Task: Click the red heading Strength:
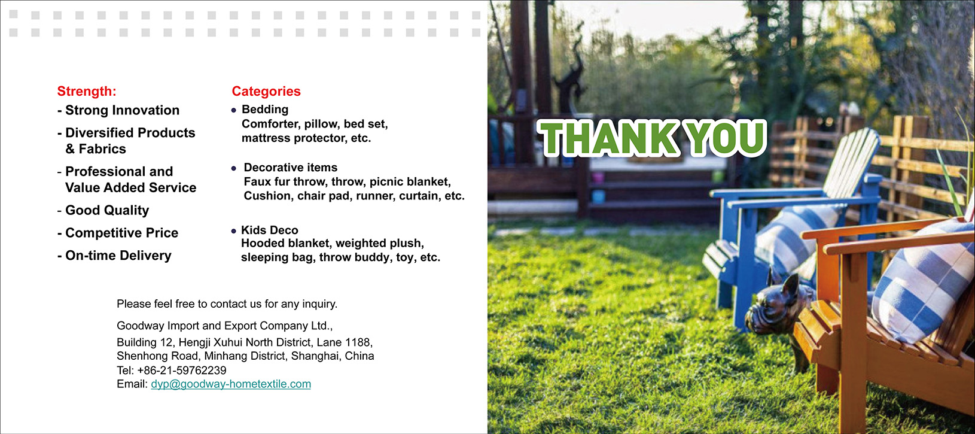(87, 91)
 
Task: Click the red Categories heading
(266, 91)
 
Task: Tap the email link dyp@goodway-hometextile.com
(231, 384)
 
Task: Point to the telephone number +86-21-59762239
(181, 371)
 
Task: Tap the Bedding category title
(264, 110)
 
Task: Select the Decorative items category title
(290, 168)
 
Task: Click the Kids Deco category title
(269, 230)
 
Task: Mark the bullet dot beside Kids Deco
(234, 231)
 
